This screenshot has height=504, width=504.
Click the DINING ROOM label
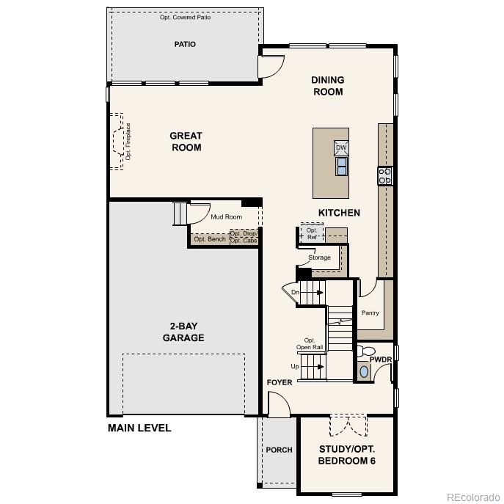(x=327, y=86)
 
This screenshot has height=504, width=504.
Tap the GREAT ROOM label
(x=186, y=142)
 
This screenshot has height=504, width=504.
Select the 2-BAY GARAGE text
(x=183, y=332)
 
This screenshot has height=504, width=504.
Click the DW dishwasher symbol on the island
(x=341, y=148)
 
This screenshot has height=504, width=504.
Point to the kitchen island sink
(x=342, y=167)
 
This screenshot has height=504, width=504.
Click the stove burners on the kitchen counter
(x=385, y=176)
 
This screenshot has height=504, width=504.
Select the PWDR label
(x=380, y=360)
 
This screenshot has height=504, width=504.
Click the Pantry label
(x=370, y=313)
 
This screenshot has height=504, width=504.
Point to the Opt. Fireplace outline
(x=119, y=142)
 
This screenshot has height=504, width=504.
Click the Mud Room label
(x=226, y=217)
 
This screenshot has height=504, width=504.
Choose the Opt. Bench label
(x=210, y=239)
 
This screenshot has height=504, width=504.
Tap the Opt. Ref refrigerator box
(x=312, y=233)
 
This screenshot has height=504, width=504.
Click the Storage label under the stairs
(x=319, y=258)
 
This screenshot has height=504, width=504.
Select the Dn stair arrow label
(x=295, y=293)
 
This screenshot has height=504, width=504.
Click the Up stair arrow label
(x=295, y=366)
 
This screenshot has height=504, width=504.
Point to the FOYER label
(x=280, y=382)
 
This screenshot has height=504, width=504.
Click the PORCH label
(x=279, y=450)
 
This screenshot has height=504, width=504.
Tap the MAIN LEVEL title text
(x=139, y=428)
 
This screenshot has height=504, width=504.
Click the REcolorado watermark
(x=472, y=496)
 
